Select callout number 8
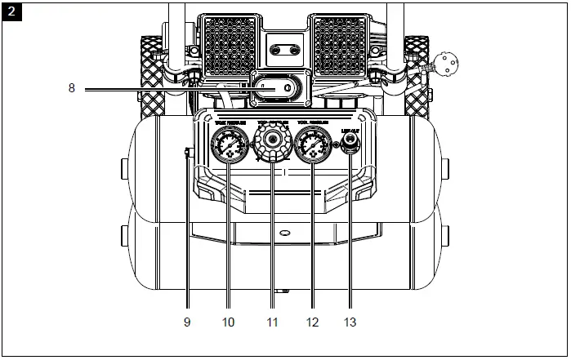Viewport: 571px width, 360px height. click(x=72, y=89)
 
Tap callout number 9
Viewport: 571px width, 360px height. click(x=187, y=322)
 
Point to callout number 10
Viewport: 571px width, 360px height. click(x=228, y=322)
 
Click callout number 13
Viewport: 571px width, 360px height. click(x=350, y=322)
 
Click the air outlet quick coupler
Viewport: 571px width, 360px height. click(x=350, y=144)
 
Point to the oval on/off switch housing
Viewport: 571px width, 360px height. click(x=279, y=89)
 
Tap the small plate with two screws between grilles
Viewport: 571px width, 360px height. click(x=284, y=49)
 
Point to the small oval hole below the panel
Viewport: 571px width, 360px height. click(x=283, y=233)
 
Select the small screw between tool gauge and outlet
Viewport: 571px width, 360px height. click(x=335, y=145)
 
